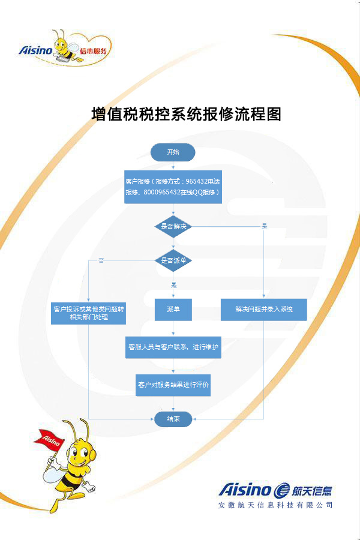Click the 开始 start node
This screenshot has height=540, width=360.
(x=173, y=152)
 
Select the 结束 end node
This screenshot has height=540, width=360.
(x=173, y=419)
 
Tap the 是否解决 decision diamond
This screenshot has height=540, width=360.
(x=173, y=226)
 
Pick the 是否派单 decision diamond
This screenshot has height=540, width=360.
(x=173, y=260)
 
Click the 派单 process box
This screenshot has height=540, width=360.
(x=173, y=309)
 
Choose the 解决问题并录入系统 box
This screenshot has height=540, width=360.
(x=263, y=309)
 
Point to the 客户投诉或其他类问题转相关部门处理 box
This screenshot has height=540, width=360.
(x=89, y=313)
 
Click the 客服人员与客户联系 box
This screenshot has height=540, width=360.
(x=173, y=347)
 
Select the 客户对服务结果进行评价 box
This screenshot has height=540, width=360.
(x=173, y=385)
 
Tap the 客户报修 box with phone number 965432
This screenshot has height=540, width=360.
(x=173, y=187)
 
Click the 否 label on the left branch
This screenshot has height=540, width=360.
(x=101, y=260)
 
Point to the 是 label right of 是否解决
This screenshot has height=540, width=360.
(x=264, y=226)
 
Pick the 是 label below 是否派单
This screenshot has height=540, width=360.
(x=173, y=285)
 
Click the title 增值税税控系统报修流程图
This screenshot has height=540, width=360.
(x=187, y=114)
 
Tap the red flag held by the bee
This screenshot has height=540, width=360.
(x=52, y=439)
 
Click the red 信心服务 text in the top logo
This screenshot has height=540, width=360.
(x=94, y=52)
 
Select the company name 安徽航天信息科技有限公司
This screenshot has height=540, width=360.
(x=275, y=505)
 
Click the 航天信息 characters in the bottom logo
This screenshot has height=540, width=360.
(x=312, y=490)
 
